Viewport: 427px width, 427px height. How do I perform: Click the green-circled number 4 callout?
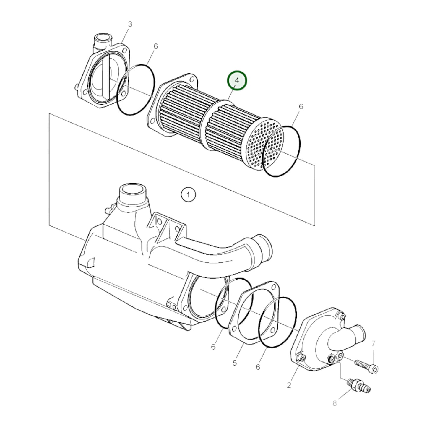[x=237, y=80]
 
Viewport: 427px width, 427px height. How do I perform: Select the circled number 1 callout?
[x=188, y=194]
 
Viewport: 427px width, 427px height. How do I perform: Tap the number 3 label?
[x=130, y=24]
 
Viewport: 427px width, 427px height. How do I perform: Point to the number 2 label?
[x=289, y=385]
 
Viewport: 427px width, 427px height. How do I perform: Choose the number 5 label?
[x=234, y=363]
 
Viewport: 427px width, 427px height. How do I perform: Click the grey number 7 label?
[x=373, y=343]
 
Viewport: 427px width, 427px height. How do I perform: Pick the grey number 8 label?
[x=335, y=403]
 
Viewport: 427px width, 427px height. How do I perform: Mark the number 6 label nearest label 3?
[x=155, y=46]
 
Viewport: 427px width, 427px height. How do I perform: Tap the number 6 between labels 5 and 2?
[x=258, y=367]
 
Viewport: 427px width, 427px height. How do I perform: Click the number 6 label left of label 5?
[x=213, y=347]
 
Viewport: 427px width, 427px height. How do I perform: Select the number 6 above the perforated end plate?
[x=301, y=106]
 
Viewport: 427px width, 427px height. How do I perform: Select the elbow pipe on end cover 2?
[x=349, y=337]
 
